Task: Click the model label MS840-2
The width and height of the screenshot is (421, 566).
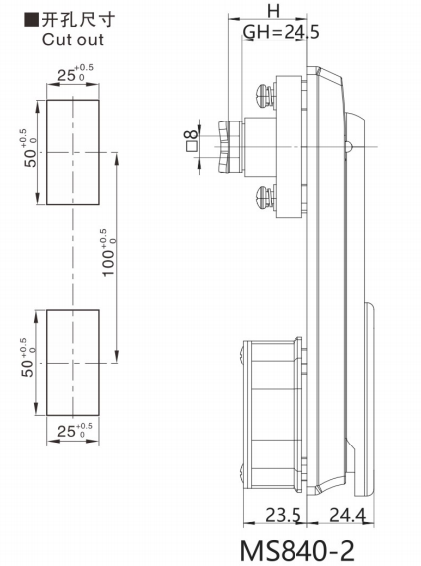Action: [x=296, y=551]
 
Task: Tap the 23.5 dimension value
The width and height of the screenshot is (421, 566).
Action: [x=283, y=515]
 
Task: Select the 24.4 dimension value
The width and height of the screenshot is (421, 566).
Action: [x=347, y=515]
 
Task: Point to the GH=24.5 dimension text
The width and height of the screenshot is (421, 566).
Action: [x=282, y=32]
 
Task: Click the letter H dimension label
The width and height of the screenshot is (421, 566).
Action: [x=274, y=11]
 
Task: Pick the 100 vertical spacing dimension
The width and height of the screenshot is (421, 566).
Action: [x=108, y=253]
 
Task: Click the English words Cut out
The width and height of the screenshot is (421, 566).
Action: [x=73, y=40]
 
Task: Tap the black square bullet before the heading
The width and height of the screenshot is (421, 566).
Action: [x=31, y=19]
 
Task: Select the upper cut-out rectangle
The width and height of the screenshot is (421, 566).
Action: [x=72, y=152]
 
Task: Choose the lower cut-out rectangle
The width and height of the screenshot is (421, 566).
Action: [x=72, y=363]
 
